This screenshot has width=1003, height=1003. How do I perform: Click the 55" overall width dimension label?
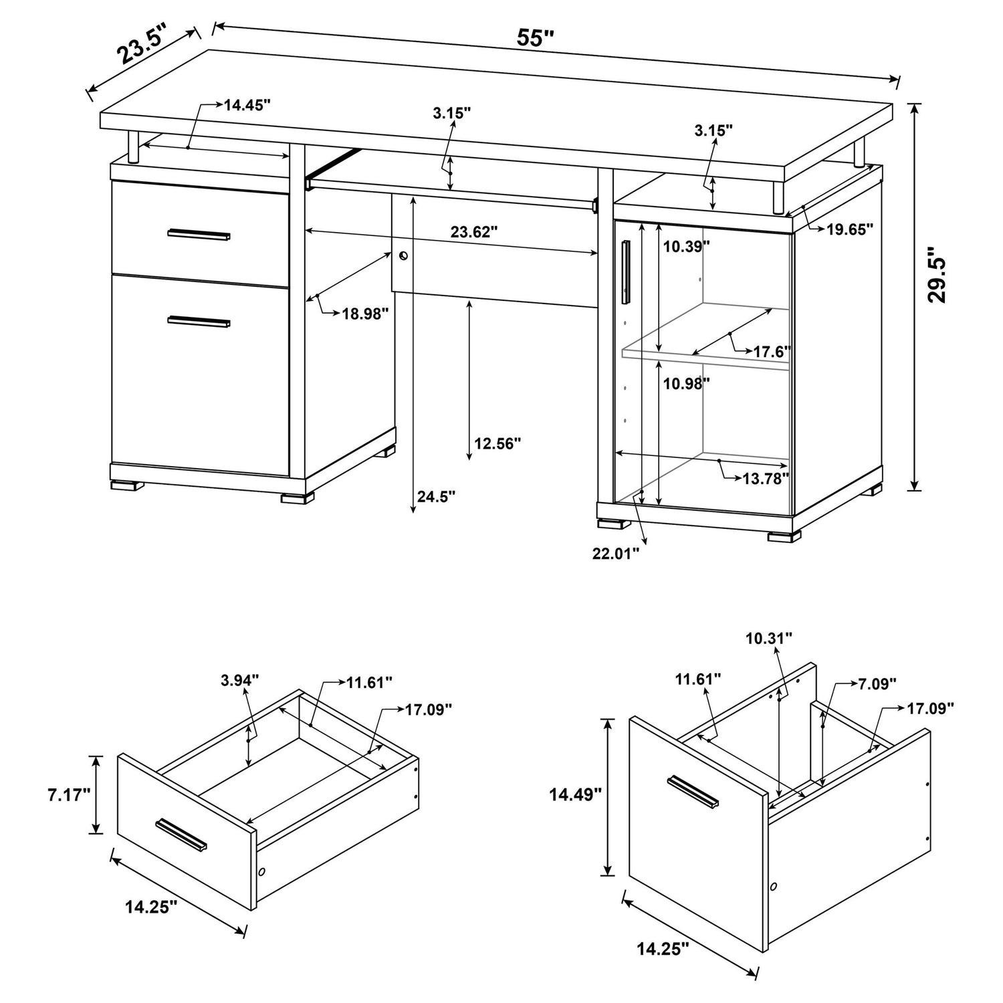pyautogui.click(x=536, y=38)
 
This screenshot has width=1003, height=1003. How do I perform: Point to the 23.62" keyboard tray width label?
pyautogui.click(x=474, y=232)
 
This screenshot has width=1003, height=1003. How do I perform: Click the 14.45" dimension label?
pyautogui.click(x=247, y=105)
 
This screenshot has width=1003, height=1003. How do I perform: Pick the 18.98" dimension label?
pyautogui.click(x=365, y=314)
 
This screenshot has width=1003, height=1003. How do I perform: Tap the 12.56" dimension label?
pyautogui.click(x=497, y=443)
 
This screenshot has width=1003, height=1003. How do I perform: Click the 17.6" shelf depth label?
pyautogui.click(x=772, y=351)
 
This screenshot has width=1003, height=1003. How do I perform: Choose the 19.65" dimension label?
pyautogui.click(x=850, y=230)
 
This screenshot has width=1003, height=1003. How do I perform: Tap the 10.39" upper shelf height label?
pyautogui.click(x=686, y=247)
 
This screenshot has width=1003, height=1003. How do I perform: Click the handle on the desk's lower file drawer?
pyautogui.click(x=199, y=322)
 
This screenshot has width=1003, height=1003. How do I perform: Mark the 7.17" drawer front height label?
pyautogui.click(x=68, y=795)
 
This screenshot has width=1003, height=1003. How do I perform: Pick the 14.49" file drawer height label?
pyautogui.click(x=576, y=794)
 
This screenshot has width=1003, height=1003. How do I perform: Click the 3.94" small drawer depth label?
pyautogui.click(x=239, y=681)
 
